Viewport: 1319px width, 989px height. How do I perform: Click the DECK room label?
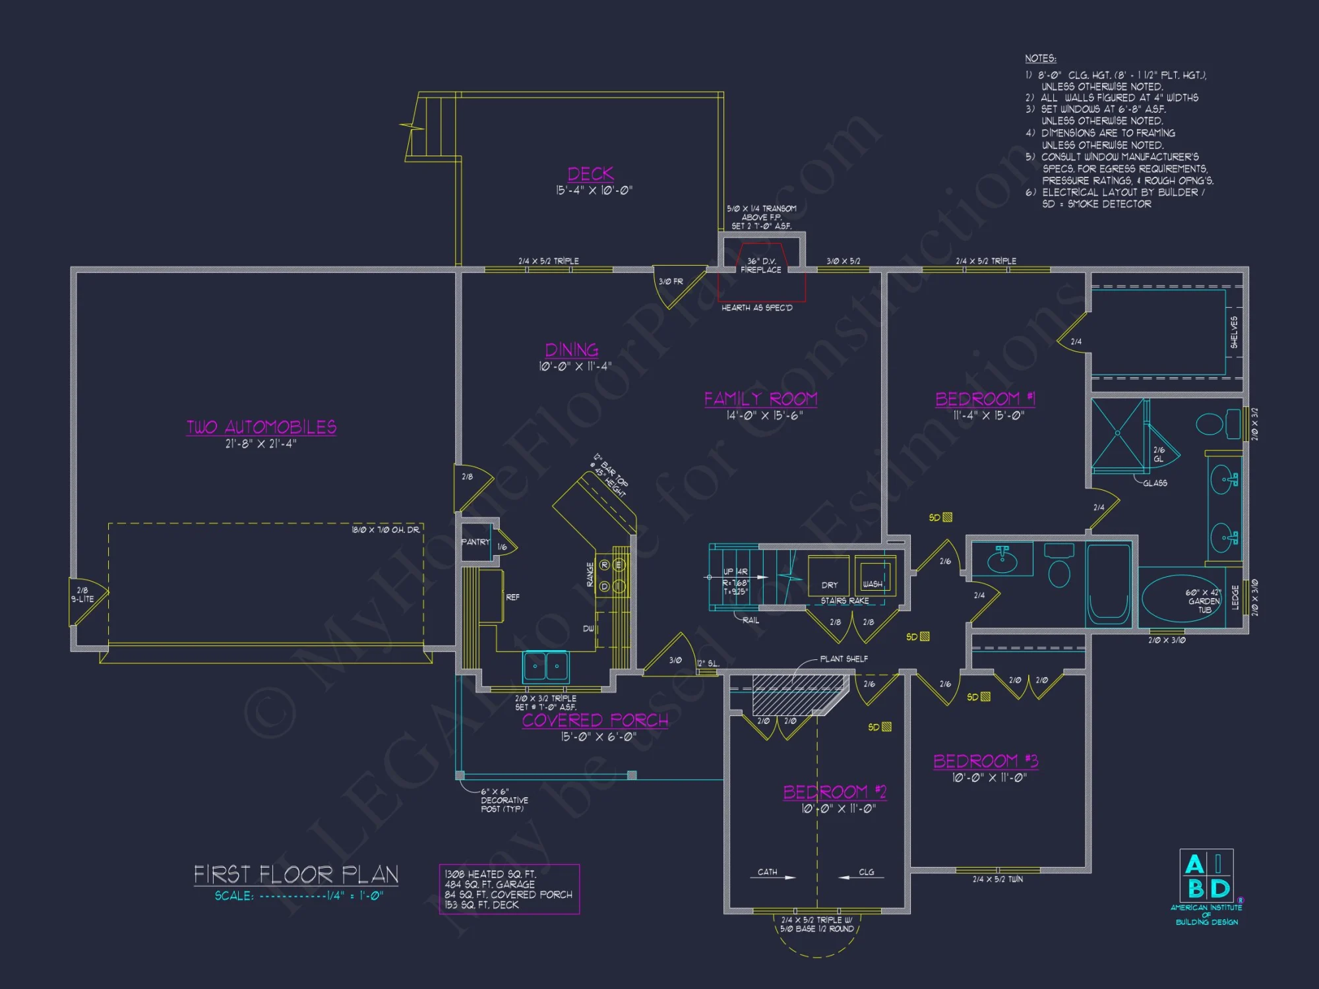[x=590, y=174]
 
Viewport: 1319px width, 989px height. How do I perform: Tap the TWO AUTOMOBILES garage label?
[x=261, y=427]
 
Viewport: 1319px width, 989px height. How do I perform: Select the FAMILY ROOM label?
[x=760, y=399]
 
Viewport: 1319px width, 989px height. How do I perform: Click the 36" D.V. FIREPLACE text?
[x=760, y=266]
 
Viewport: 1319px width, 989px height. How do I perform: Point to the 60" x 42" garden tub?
[x=1181, y=600]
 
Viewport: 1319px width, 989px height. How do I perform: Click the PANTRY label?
[x=475, y=542]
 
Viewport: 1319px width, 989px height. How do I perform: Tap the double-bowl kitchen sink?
[x=546, y=666]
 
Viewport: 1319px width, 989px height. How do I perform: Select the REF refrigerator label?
[x=512, y=597]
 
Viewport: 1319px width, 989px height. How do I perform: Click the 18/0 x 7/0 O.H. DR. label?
[x=385, y=530]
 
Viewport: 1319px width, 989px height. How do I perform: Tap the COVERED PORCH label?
[x=595, y=720]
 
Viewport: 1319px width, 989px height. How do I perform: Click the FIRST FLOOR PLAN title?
[x=296, y=875]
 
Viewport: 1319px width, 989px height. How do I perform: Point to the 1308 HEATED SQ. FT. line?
[x=489, y=874]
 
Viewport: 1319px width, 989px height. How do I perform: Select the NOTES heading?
[x=1040, y=59]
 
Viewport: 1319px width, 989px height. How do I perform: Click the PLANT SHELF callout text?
[x=844, y=659]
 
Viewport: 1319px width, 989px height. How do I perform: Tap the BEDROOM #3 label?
[x=985, y=762]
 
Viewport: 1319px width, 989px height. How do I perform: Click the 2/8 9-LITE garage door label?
[x=82, y=595]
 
